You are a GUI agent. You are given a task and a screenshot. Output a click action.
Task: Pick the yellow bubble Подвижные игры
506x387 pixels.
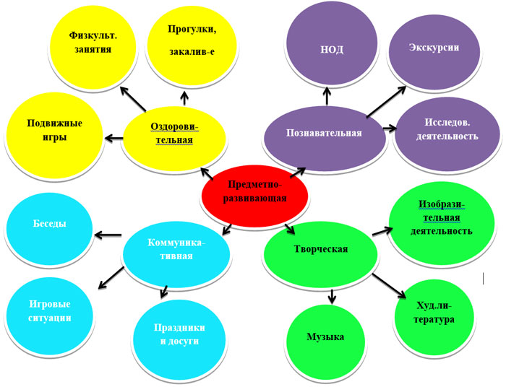pyautogui.click(x=49, y=131)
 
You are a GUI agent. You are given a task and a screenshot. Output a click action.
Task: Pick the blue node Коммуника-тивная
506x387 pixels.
pyautogui.click(x=176, y=250)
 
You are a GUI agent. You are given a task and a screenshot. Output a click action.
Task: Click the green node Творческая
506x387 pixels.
pyautogui.click(x=321, y=250)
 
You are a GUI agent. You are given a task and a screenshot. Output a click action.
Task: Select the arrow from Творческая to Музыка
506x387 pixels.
pyautogui.click(x=332, y=295)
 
